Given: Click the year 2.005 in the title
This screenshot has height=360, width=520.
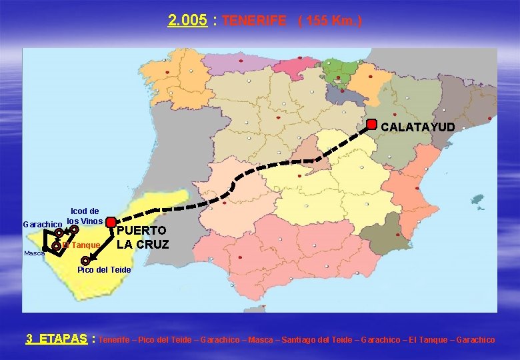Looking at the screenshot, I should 187,21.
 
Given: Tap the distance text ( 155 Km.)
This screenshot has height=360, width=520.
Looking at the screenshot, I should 330,21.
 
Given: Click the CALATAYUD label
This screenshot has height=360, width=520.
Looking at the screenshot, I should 418,127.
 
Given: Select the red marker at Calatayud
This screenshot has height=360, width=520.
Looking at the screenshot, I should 372,125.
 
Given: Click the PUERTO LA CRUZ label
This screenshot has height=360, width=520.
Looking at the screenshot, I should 143,237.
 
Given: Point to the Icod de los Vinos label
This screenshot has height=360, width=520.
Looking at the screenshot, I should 85,216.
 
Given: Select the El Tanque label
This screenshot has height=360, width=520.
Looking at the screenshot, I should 83,245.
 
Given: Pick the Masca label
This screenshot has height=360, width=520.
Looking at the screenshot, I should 33,253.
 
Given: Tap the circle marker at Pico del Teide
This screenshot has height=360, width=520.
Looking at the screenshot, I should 85,261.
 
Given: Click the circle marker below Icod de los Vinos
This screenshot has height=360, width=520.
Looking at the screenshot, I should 75,229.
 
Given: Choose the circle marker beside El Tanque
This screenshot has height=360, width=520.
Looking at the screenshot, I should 56,246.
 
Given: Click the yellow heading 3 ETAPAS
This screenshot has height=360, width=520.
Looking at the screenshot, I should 57,339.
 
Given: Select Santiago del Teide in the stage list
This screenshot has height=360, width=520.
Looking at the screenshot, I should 313,340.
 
